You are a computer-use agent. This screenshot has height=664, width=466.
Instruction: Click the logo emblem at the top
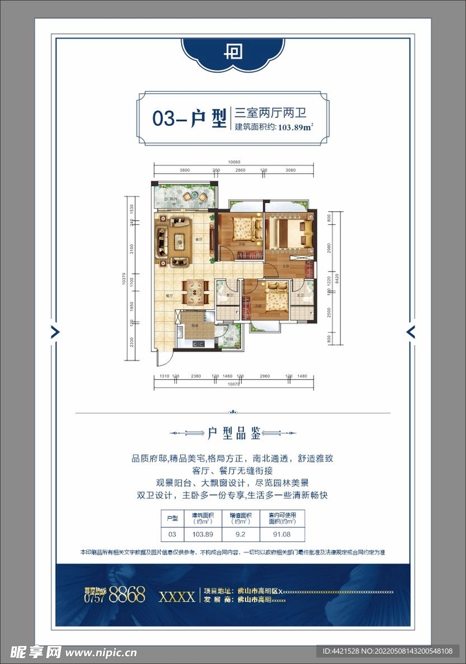coord(233,51)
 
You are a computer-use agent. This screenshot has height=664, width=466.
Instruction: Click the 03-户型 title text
coord(189,119)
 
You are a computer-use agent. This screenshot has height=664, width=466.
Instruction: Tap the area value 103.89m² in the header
coord(296,127)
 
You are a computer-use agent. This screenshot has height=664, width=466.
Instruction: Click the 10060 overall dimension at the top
coord(234,162)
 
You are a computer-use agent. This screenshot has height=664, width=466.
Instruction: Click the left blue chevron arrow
coord(55,332)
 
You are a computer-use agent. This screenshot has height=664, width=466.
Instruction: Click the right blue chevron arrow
coord(410,332)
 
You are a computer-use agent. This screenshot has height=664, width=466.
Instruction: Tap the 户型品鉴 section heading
coord(233,433)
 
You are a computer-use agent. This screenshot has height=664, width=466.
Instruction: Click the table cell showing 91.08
coord(283,534)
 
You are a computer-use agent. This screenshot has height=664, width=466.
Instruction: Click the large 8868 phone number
coord(127,596)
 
